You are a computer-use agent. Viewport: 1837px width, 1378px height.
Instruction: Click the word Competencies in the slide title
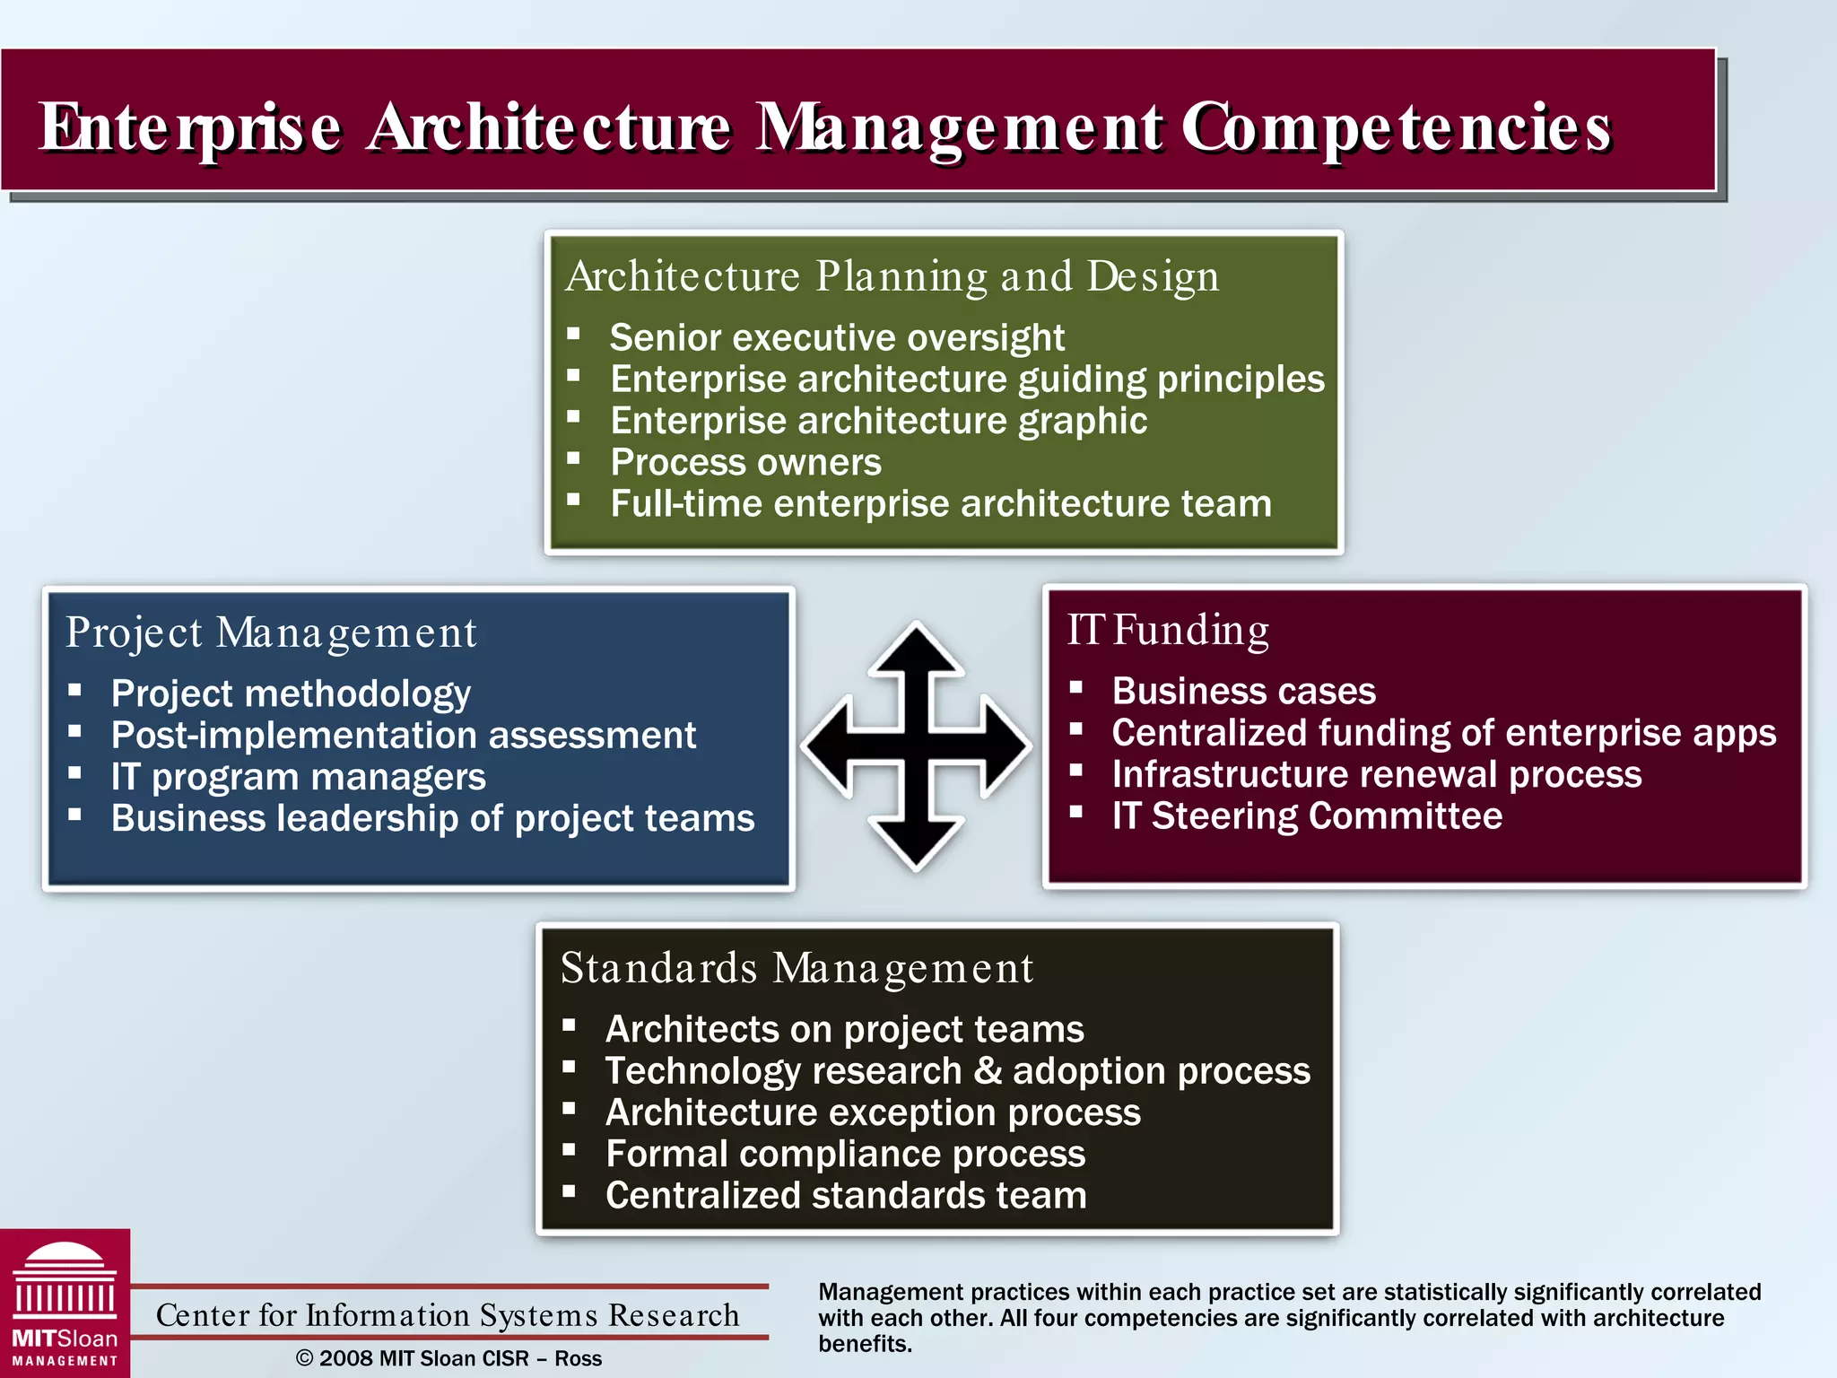coord(1396,127)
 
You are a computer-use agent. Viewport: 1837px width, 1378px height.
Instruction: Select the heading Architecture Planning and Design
coord(892,276)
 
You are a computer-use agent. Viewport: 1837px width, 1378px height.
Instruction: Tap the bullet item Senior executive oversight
coord(836,338)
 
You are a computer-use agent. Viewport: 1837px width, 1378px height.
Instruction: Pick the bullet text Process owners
coord(745,463)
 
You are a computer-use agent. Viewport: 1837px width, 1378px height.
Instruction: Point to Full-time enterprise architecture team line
coord(940,504)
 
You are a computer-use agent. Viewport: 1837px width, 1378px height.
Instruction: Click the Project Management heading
coord(271,633)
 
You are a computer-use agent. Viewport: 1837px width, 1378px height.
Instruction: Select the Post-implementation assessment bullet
coord(403,736)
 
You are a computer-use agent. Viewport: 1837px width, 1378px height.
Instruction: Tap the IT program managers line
coord(298,777)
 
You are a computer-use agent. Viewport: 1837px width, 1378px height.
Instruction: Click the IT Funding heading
coord(1167,631)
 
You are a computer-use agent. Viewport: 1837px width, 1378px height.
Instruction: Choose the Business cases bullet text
coord(1243,692)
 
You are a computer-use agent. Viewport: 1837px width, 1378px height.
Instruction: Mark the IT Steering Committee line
coord(1306,816)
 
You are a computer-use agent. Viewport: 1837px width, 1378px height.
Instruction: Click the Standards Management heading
coord(797,969)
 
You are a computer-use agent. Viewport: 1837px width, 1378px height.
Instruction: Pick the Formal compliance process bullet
coord(845,1155)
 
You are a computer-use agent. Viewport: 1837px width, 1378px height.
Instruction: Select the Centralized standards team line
coord(845,1196)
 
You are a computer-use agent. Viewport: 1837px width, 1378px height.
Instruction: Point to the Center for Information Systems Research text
coord(447,1315)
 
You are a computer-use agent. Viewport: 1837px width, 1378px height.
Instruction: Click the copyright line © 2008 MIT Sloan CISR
coord(448,1358)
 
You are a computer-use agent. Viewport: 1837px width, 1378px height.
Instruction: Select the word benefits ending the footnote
coord(863,1344)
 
